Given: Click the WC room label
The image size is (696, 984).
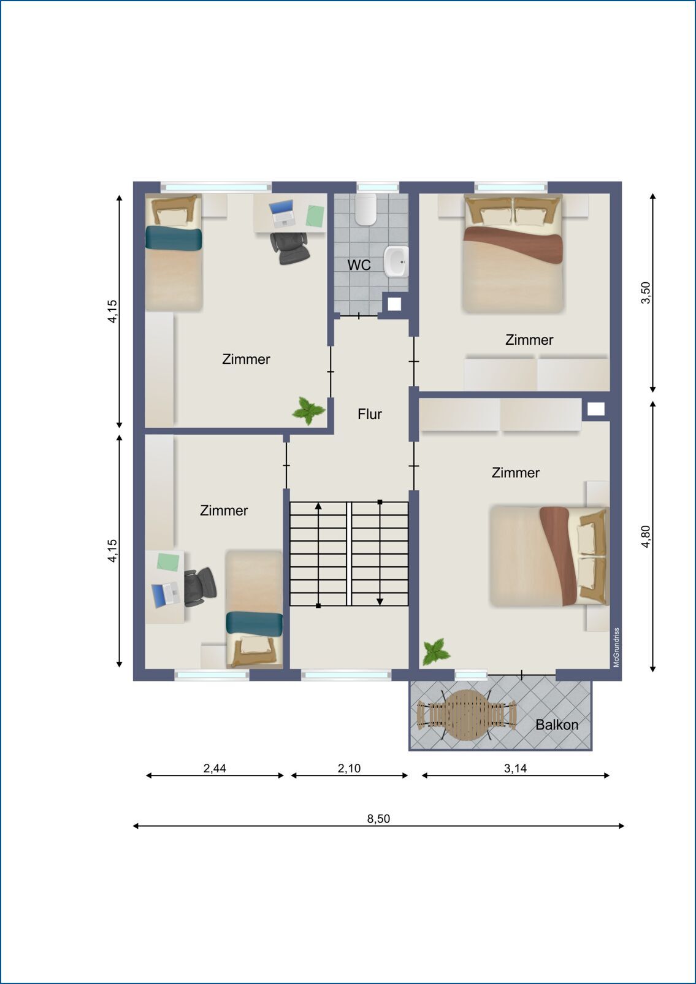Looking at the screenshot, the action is pyautogui.click(x=359, y=265).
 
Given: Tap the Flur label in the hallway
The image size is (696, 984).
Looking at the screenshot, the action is pyautogui.click(x=370, y=414).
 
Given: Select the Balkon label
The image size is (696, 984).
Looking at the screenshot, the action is pyautogui.click(x=557, y=725).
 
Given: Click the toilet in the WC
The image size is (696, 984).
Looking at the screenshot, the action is pyautogui.click(x=366, y=209).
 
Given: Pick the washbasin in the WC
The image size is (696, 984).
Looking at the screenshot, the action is pyautogui.click(x=396, y=262).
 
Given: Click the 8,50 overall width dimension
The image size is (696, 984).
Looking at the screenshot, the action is pyautogui.click(x=378, y=819).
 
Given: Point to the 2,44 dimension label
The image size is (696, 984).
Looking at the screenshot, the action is pyautogui.click(x=215, y=768).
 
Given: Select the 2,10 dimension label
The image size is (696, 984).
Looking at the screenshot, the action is pyautogui.click(x=349, y=768).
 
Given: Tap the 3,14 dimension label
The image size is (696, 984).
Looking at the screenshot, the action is pyautogui.click(x=516, y=768).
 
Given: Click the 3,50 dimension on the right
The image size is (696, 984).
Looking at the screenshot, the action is pyautogui.click(x=646, y=293).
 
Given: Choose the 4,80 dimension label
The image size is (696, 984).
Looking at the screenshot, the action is pyautogui.click(x=646, y=536).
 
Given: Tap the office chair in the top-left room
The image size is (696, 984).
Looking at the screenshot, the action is pyautogui.click(x=289, y=248).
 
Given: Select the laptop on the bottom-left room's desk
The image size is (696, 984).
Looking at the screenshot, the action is pyautogui.click(x=166, y=595).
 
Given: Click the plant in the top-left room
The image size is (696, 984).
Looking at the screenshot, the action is pyautogui.click(x=308, y=411).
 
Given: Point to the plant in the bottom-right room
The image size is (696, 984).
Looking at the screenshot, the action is pyautogui.click(x=436, y=652).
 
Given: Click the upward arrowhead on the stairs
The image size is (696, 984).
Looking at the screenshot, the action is pyautogui.click(x=318, y=507).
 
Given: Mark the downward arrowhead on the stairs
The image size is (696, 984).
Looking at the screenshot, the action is pyautogui.click(x=380, y=602).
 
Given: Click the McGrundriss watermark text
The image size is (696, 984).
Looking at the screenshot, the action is pyautogui.click(x=616, y=647).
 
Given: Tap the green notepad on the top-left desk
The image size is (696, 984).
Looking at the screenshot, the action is pyautogui.click(x=315, y=215).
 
